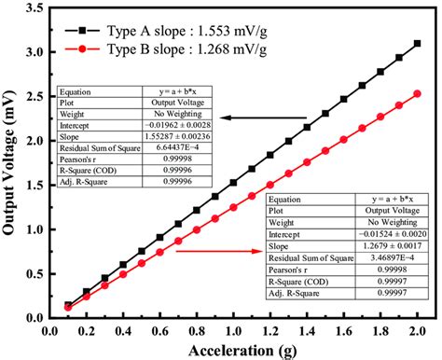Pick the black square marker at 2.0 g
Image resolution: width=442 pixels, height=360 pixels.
pyautogui.click(x=417, y=43)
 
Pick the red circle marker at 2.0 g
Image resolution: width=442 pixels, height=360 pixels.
pyautogui.click(x=417, y=93)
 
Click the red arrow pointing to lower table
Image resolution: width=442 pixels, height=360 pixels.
pyautogui.click(x=218, y=251)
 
